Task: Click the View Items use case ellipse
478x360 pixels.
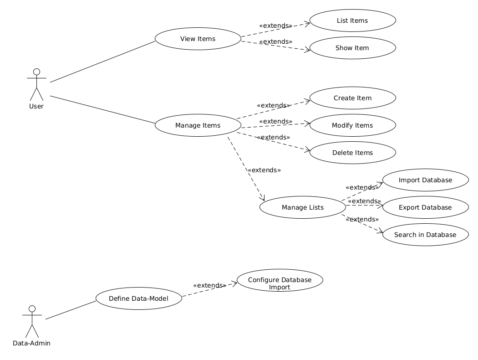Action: tap(198, 39)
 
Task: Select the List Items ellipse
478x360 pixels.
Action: tap(352, 21)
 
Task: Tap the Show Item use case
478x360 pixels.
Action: tap(352, 48)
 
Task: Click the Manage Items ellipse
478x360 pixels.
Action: tap(198, 125)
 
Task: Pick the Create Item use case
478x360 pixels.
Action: tap(352, 98)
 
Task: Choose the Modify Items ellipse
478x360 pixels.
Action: tap(352, 125)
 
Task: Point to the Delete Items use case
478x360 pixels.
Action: tap(352, 153)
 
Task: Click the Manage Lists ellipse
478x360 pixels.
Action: tap(303, 207)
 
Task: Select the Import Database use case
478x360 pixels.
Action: tap(425, 180)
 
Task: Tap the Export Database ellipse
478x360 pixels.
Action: tap(425, 207)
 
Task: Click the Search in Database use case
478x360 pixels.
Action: tap(425, 235)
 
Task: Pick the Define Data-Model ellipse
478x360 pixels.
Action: tap(139, 298)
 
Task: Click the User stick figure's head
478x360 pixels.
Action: tap(36, 72)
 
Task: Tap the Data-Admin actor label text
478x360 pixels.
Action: tap(31, 343)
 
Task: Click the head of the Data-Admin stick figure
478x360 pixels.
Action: tap(31, 309)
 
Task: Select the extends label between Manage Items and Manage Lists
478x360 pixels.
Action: tap(264, 170)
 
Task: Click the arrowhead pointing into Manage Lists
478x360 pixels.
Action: tap(263, 198)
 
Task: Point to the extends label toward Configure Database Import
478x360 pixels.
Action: tap(209, 285)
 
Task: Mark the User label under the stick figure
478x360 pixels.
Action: tap(36, 106)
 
